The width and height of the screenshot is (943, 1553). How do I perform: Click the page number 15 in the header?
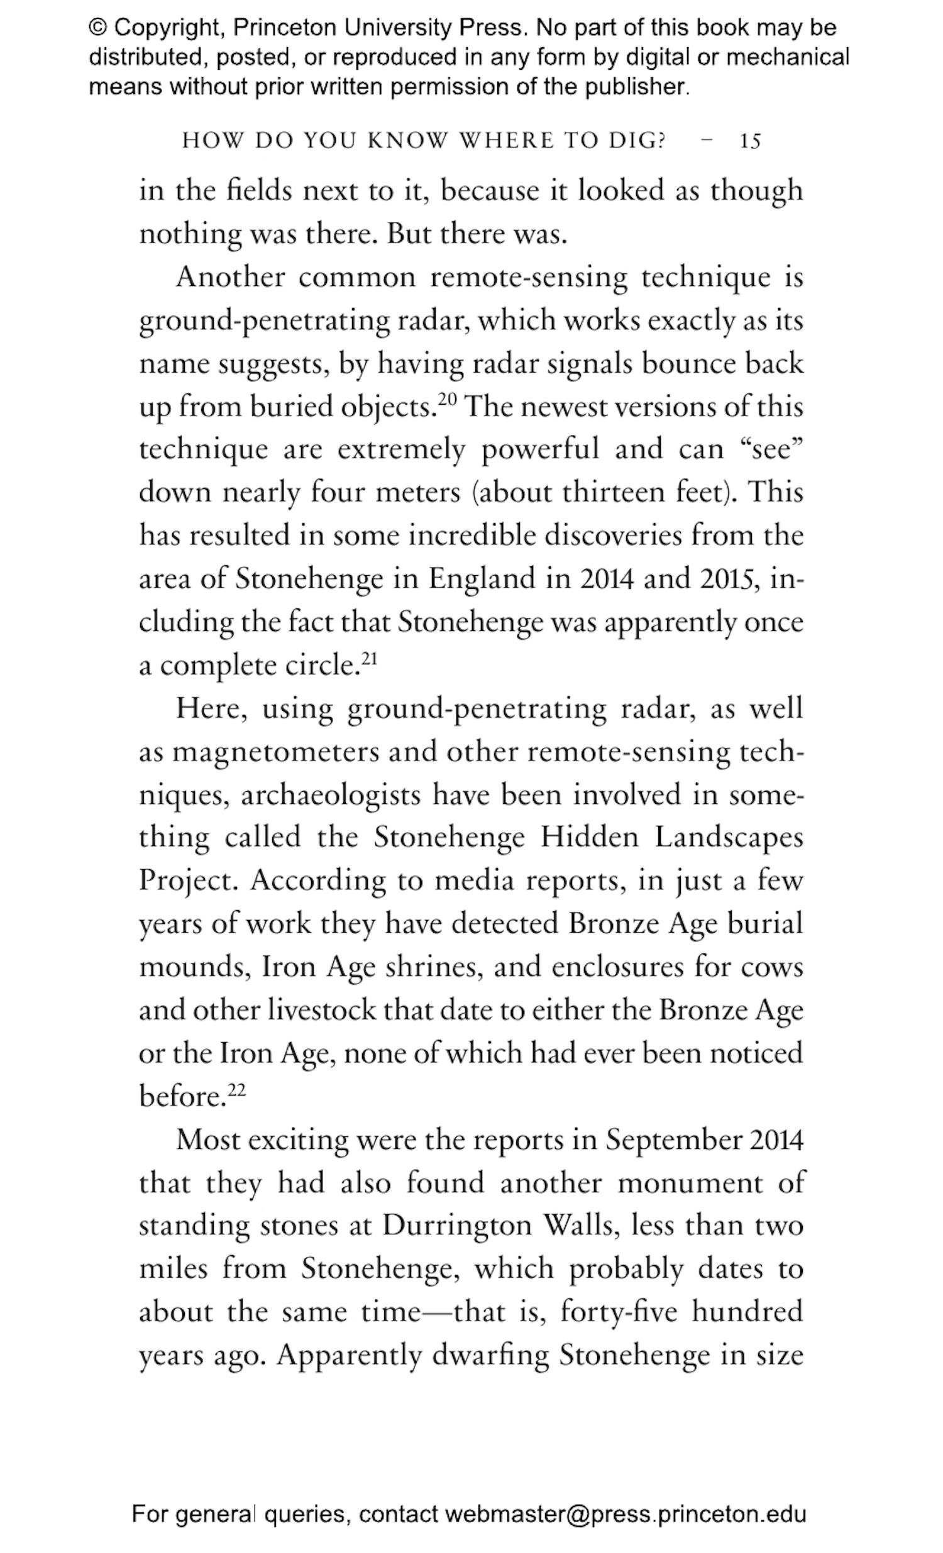750,141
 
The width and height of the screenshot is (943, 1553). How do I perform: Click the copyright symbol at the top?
97,28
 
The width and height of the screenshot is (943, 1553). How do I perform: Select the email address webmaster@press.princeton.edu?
626,1513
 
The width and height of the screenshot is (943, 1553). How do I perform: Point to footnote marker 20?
446,398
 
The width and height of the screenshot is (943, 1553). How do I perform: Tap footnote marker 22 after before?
236,1089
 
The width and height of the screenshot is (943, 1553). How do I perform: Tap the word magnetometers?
275,752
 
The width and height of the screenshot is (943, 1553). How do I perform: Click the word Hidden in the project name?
588,838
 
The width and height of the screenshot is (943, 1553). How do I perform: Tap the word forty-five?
619,1312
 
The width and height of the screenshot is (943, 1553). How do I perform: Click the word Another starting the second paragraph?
230,277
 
